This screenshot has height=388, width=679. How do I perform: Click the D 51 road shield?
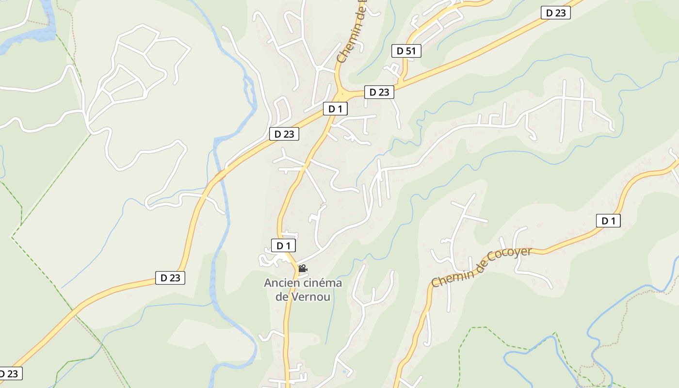point(406,50)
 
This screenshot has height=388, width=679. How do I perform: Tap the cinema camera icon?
point(303,268)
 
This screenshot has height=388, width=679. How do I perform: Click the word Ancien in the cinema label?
point(281,283)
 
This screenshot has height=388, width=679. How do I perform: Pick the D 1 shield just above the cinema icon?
point(283,245)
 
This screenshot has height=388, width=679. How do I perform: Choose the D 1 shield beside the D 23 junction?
point(335,109)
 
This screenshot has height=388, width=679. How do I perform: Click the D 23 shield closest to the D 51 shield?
point(379,92)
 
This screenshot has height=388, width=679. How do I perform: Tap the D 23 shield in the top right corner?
point(555,13)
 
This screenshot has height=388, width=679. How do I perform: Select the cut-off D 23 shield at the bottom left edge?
point(10,373)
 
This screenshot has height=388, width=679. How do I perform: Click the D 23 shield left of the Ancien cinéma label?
point(170,277)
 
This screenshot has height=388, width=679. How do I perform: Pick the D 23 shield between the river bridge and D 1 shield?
point(284,134)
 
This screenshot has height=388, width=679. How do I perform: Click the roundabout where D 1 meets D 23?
point(342,93)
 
